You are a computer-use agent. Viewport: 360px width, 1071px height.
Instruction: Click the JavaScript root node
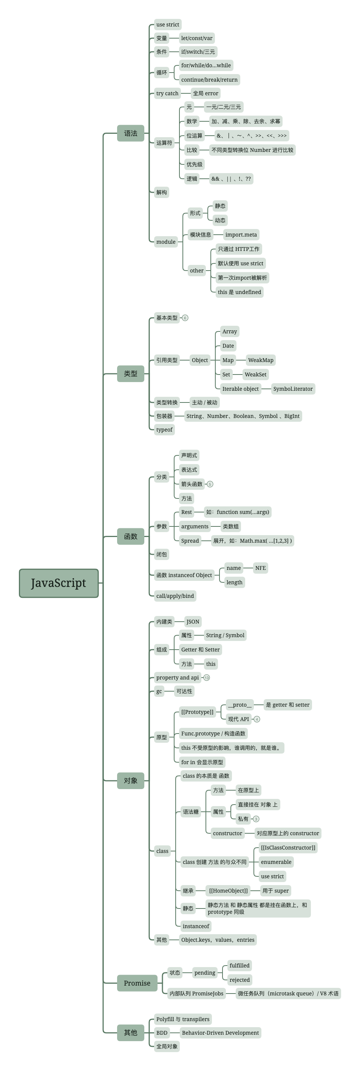(x=59, y=583)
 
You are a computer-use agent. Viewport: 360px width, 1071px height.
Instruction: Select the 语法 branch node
(x=131, y=133)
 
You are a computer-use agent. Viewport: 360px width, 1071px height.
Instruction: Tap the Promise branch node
(x=137, y=983)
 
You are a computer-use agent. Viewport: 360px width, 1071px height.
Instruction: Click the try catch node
(x=167, y=93)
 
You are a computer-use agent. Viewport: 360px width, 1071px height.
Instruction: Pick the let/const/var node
(x=197, y=38)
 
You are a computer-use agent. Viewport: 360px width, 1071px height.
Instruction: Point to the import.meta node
(x=241, y=234)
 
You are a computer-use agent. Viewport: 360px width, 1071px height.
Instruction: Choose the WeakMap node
(x=261, y=360)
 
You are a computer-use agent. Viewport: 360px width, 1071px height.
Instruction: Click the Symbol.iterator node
(x=293, y=389)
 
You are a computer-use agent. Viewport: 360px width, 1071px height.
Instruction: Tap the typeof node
(x=164, y=429)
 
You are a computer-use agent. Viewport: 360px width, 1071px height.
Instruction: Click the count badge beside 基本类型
(x=185, y=318)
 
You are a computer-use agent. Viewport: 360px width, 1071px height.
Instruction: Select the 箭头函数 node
(x=192, y=484)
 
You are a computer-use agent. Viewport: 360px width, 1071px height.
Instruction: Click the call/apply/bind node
(x=175, y=596)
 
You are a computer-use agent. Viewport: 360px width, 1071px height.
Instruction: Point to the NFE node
(x=260, y=568)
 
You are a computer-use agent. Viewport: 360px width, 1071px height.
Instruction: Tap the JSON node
(x=193, y=622)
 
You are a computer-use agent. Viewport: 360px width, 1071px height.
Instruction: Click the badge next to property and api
(x=207, y=678)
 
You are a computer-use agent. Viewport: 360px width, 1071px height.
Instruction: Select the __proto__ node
(x=240, y=705)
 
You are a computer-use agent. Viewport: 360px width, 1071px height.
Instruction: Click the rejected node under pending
(x=239, y=980)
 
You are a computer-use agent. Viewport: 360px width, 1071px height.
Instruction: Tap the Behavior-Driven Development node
(x=220, y=1033)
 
